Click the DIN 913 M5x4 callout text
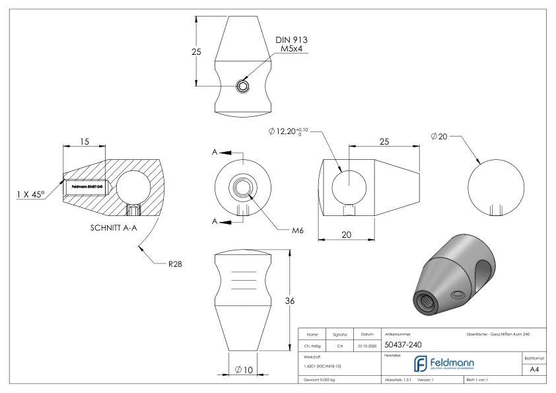[291, 45]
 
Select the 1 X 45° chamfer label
[31, 194]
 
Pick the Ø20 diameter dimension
[438, 136]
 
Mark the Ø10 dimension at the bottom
[243, 369]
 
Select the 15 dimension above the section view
[85, 142]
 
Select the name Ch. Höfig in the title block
[313, 344]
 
